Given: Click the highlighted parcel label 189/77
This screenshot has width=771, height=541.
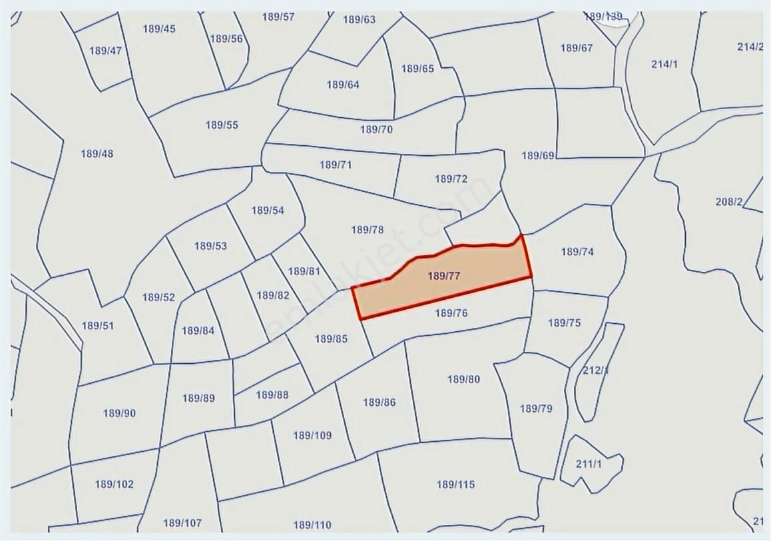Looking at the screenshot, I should [x=444, y=276].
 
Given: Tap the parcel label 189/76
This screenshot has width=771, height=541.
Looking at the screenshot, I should [x=451, y=313].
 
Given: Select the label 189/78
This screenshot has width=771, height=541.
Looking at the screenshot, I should [x=368, y=230].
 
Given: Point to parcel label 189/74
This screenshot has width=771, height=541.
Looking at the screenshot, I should [x=577, y=252].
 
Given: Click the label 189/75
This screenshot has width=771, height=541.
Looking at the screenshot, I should [x=565, y=323].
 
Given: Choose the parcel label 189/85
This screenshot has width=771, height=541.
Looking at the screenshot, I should [x=331, y=339].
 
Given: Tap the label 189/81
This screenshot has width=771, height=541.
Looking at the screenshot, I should [x=304, y=271].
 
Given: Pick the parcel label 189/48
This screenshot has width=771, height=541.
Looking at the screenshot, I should [x=97, y=154].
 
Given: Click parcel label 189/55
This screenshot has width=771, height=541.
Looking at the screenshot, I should [x=222, y=125].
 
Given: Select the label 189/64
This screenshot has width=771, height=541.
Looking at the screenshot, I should [x=343, y=85].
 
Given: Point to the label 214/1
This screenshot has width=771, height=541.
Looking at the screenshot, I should [x=664, y=64].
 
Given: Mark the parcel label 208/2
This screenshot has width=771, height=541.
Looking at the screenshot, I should [x=729, y=201].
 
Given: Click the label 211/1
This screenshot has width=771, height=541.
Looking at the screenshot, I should [x=589, y=464].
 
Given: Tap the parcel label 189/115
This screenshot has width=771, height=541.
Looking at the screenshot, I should [x=456, y=484].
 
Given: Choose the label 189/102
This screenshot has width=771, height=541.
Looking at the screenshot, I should [x=114, y=484].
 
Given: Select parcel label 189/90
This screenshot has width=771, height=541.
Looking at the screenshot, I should [x=119, y=413].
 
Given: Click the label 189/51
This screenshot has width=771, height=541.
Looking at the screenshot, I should [x=98, y=326].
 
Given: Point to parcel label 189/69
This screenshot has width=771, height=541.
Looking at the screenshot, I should [x=538, y=156].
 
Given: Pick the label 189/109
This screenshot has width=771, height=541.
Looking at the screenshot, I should [x=312, y=436].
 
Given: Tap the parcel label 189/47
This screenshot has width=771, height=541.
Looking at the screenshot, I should [x=106, y=51].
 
